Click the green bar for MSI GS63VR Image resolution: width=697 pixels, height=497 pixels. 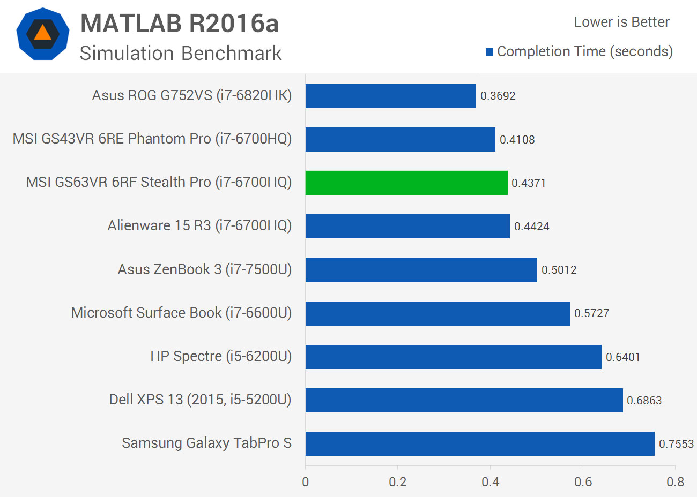pos(406,183)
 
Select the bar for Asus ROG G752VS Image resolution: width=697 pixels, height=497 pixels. pos(390,96)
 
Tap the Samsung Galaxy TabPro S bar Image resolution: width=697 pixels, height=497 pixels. pos(480,443)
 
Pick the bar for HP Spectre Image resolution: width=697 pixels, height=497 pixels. pos(453,357)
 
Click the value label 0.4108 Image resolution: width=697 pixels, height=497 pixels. pos(517,140)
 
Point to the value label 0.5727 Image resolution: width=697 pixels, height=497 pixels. pos(591,313)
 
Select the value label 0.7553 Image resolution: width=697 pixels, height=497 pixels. pos(676,444)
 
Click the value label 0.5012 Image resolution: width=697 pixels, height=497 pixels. pos(559,270)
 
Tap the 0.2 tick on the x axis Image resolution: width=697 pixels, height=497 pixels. pos(398,482)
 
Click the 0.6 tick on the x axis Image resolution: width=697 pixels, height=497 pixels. pos(583,482)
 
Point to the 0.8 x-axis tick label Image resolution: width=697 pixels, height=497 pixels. pos(675,482)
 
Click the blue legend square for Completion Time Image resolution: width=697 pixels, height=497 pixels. pos(490,52)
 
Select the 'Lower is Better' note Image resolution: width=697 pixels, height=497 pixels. pos(621,22)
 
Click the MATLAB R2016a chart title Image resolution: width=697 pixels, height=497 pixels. pos(180,24)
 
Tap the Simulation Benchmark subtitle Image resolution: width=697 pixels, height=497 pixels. pos(181,53)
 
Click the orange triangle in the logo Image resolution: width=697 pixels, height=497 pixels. pos(43,34)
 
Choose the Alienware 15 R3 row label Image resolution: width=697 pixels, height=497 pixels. pos(199,225)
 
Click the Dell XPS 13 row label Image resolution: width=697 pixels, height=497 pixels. pos(200,400)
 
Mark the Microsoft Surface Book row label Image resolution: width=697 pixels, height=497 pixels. pos(181,313)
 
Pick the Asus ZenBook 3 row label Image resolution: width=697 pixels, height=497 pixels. pos(205,269)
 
